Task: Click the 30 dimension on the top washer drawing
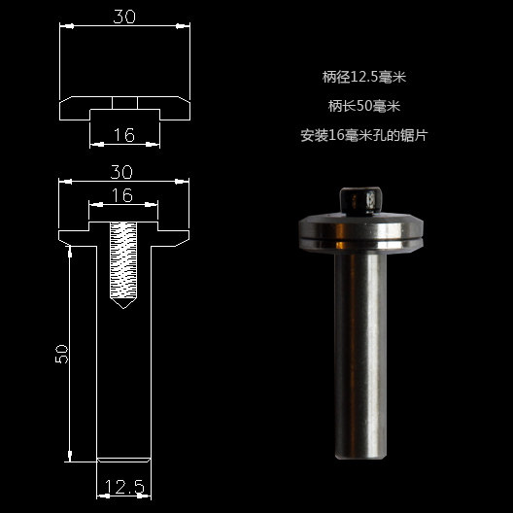point(122,17)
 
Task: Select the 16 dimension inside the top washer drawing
point(123,135)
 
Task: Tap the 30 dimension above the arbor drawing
point(122,171)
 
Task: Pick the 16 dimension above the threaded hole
point(122,195)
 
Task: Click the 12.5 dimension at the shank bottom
point(122,486)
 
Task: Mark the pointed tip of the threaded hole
point(122,304)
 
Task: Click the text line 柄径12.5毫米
point(364,77)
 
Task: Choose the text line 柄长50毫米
point(364,106)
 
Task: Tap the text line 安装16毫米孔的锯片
point(364,135)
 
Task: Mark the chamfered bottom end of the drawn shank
point(122,459)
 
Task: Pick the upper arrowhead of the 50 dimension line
point(69,251)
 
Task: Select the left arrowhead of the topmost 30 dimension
point(65,27)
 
